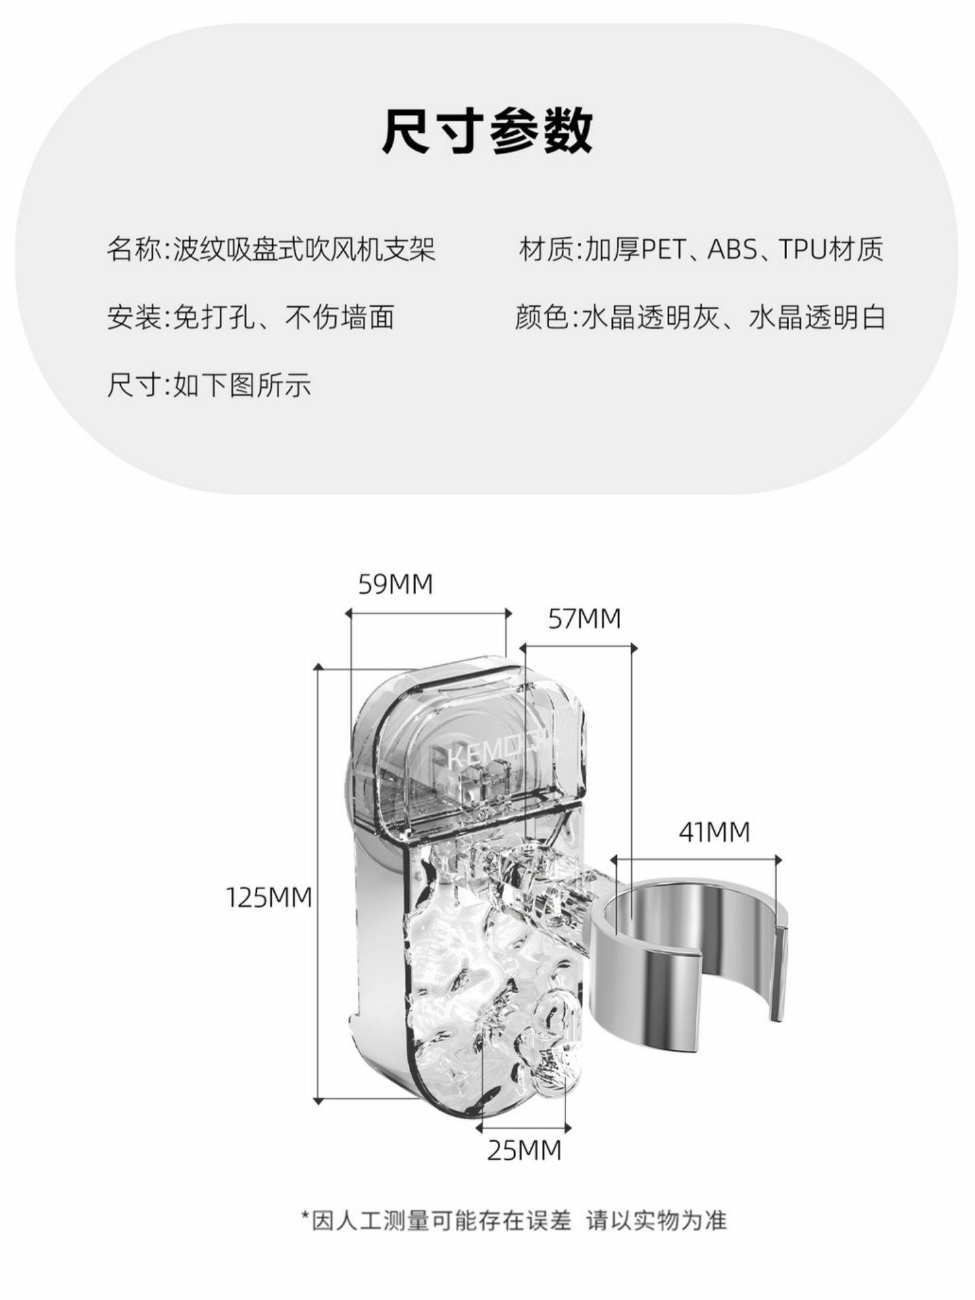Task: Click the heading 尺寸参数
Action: pyautogui.click(x=487, y=131)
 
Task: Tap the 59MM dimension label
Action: pyautogui.click(x=395, y=584)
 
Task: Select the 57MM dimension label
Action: pyautogui.click(x=584, y=618)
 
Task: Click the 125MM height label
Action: pyautogui.click(x=269, y=898)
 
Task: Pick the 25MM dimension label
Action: pyautogui.click(x=524, y=1150)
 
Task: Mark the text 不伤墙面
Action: pyautogui.click(x=339, y=318)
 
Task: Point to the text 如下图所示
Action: pyautogui.click(x=242, y=385)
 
